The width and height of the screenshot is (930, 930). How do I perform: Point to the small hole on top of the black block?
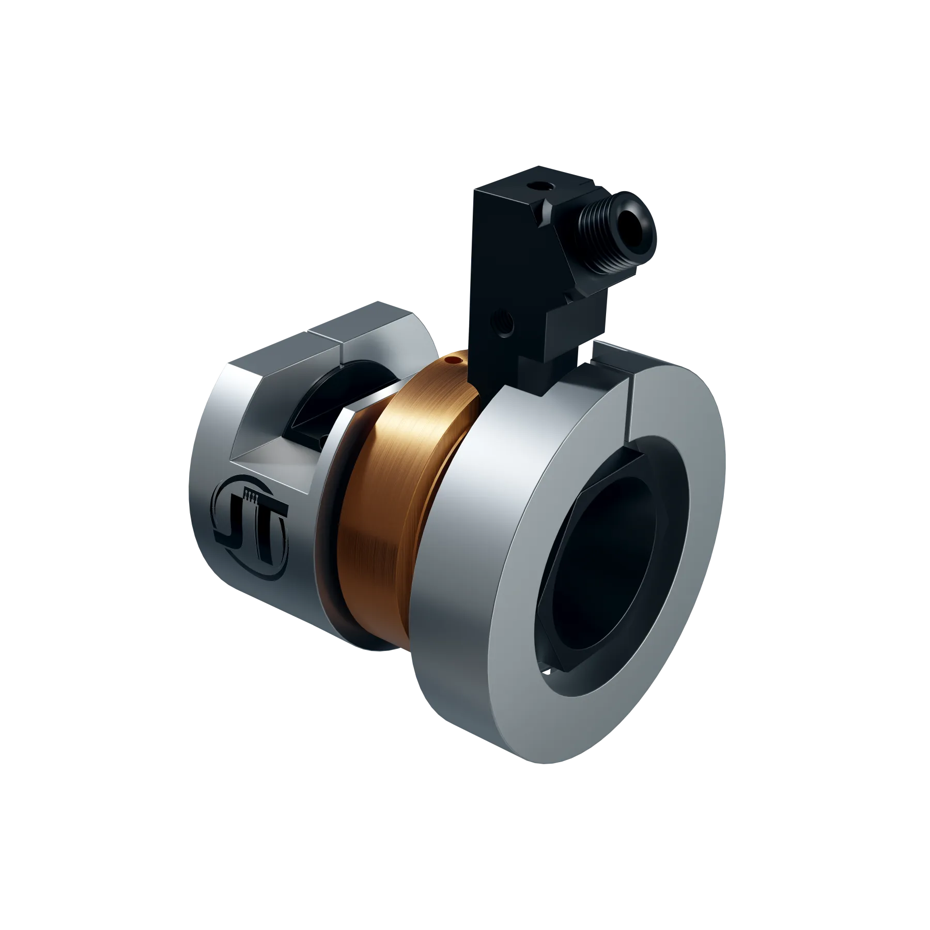click(539, 184)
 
